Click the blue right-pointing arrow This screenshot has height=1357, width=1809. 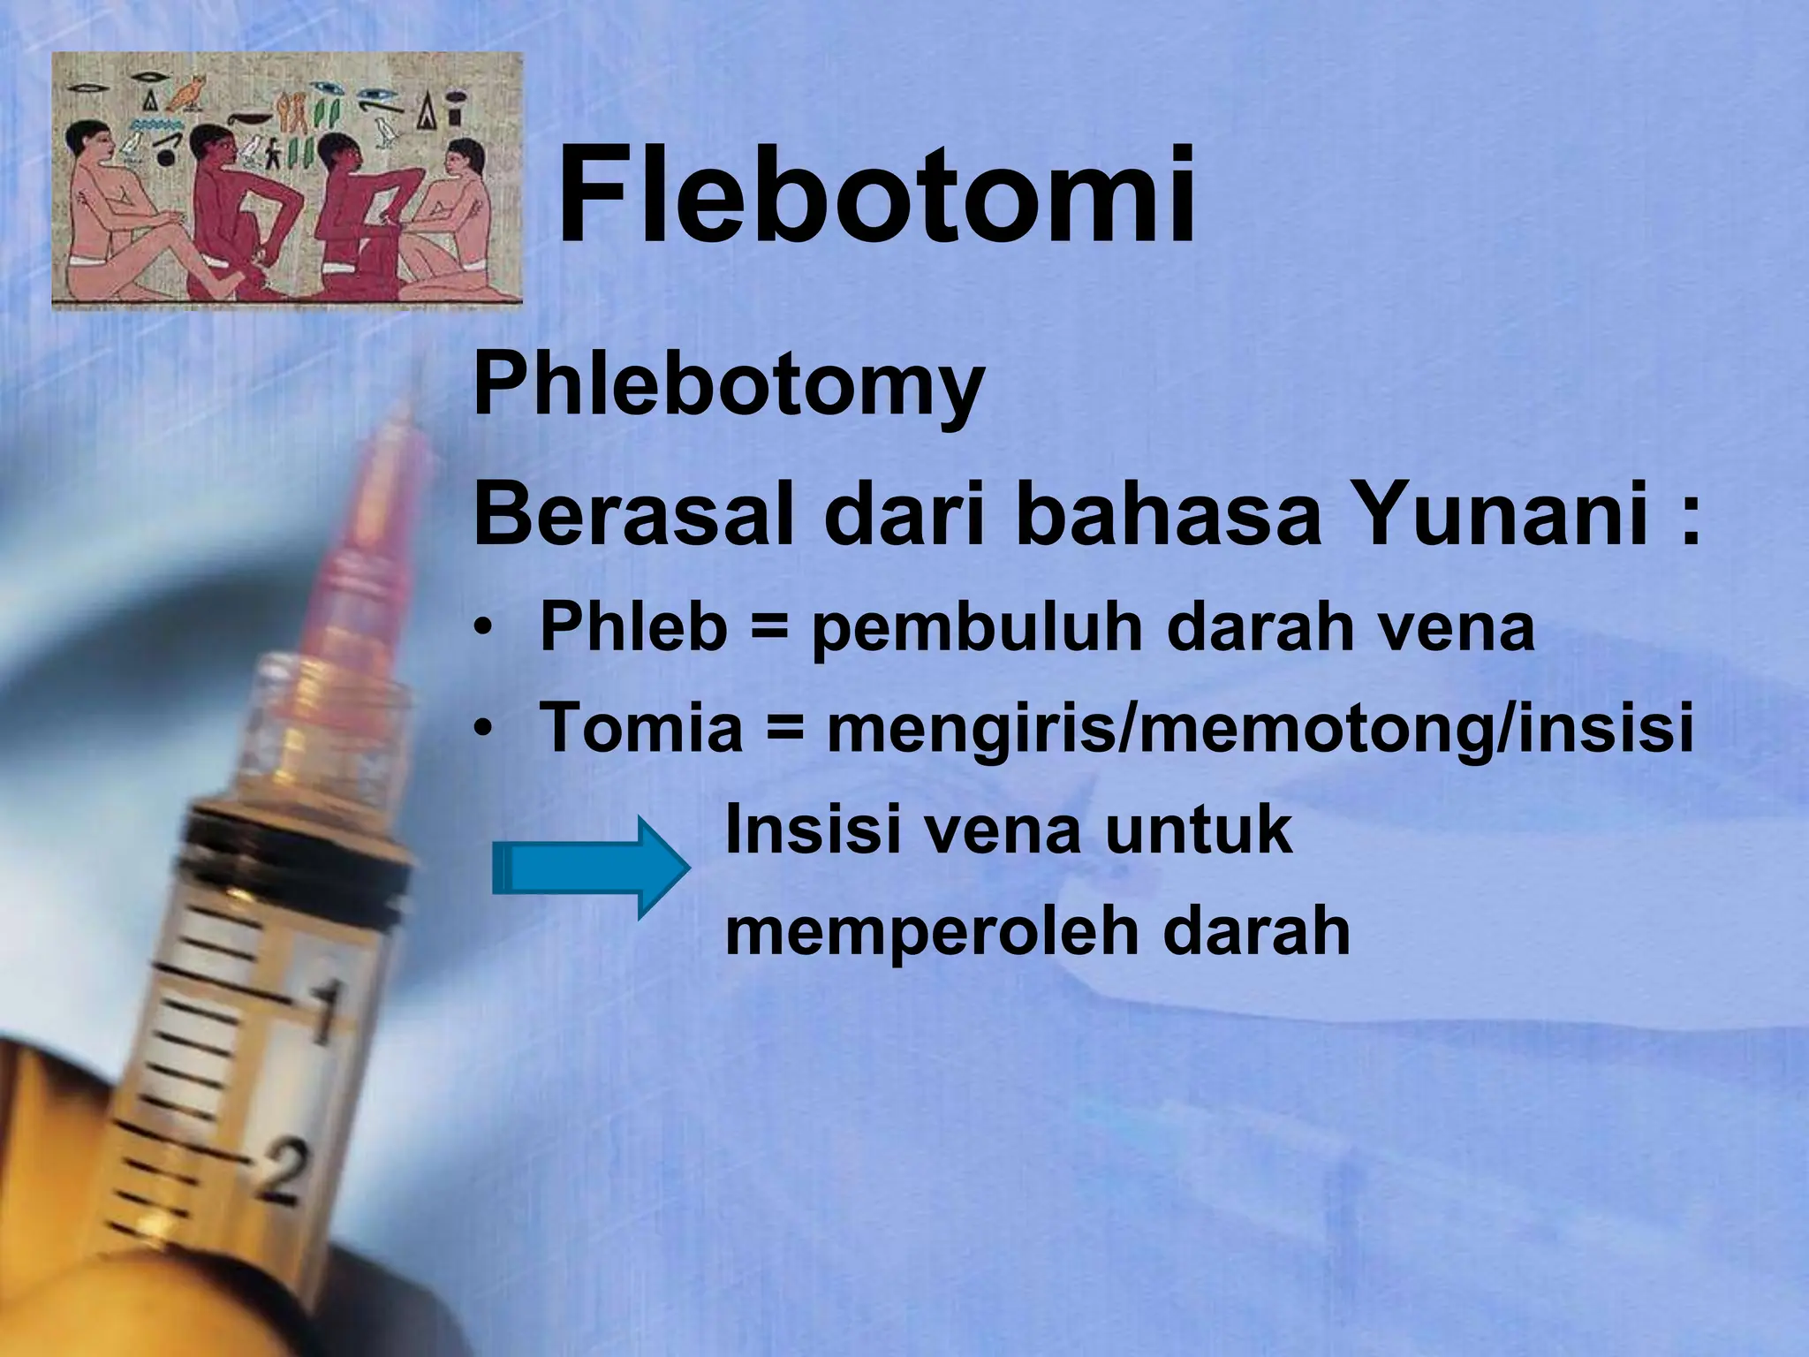(590, 867)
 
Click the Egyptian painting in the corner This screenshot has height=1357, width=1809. (287, 181)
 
